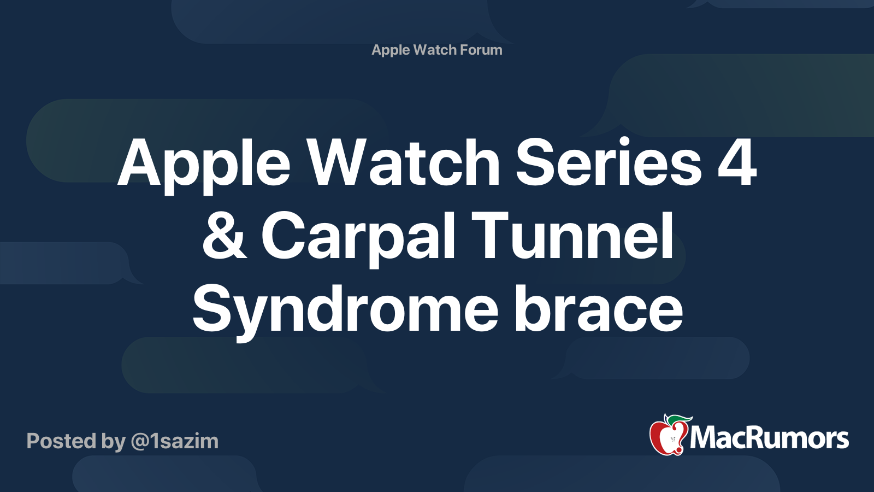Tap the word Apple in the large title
pyautogui.click(x=204, y=166)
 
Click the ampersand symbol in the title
pyautogui.click(x=225, y=235)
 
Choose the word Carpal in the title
pyautogui.click(x=358, y=239)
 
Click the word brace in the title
pyautogui.click(x=599, y=308)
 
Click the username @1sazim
pyautogui.click(x=175, y=441)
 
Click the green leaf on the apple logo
pyautogui.click(x=678, y=420)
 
